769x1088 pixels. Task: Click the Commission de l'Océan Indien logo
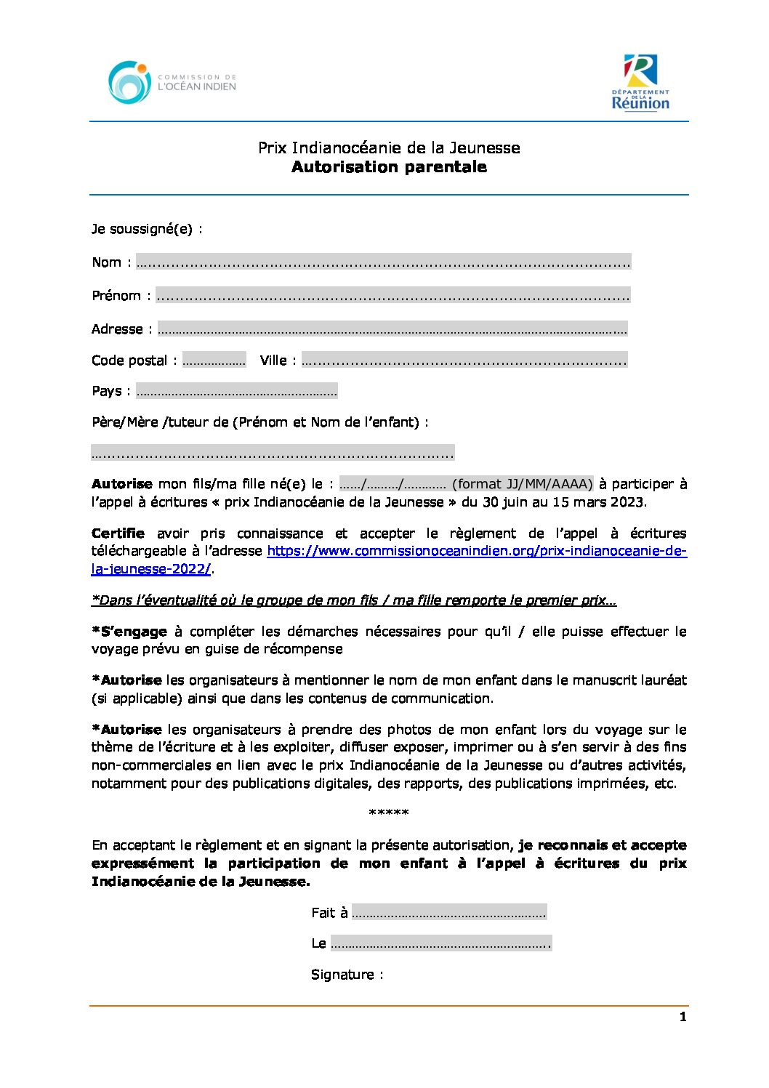[172, 82]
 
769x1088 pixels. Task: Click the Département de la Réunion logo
[640, 82]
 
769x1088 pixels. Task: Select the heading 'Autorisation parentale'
[389, 167]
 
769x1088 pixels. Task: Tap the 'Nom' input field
[383, 262]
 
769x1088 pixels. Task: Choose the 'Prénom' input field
[392, 295]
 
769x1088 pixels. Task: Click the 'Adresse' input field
[392, 329]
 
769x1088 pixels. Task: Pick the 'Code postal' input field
[214, 360]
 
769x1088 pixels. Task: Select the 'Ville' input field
[464, 360]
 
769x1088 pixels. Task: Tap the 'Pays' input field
[236, 391]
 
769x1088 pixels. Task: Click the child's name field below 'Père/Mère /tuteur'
[273, 453]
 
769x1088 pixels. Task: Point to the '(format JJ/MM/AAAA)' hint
[522, 484]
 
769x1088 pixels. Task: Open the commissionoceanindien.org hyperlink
[476, 551]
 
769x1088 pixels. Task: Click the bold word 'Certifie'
[118, 533]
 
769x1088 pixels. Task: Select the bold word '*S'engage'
[129, 632]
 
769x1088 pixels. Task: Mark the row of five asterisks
[389, 813]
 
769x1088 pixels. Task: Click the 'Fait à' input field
[448, 912]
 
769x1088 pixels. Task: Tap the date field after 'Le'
[440, 943]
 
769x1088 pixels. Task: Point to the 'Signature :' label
[347, 975]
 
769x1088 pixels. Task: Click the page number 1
[683, 1017]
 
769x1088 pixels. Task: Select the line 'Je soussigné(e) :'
[147, 229]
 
